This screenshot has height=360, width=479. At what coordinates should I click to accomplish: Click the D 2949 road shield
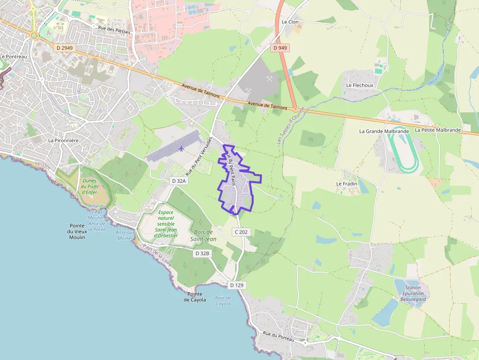[x=64, y=48]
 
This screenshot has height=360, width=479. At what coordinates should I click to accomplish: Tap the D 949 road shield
[x=280, y=48]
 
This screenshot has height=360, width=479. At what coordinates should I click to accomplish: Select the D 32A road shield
[x=179, y=181]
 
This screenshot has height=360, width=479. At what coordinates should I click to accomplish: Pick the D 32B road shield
[x=202, y=254]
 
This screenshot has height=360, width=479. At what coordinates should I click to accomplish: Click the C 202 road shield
[x=241, y=232]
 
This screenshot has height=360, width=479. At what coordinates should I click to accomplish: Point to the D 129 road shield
[x=238, y=285]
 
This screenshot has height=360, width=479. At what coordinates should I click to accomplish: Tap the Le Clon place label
[x=290, y=22]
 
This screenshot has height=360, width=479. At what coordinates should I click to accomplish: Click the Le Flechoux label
[x=359, y=85]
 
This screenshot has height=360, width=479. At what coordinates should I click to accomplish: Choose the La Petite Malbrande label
[x=438, y=130]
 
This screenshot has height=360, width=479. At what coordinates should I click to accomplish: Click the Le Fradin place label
[x=347, y=184]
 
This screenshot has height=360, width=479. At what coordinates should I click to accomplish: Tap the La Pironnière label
[x=63, y=140]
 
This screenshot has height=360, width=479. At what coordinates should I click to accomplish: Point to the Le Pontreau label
[x=14, y=57]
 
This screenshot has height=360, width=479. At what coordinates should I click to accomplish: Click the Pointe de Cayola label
[x=195, y=296]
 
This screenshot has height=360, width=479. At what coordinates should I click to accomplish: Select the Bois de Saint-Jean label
[x=203, y=235]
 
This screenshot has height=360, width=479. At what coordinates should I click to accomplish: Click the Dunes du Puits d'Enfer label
[x=89, y=186]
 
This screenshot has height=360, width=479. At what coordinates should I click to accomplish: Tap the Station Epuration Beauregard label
[x=413, y=293]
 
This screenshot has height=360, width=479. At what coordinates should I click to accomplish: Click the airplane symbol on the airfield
[x=181, y=148]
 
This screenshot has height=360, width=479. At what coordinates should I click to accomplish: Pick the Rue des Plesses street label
[x=114, y=30]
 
